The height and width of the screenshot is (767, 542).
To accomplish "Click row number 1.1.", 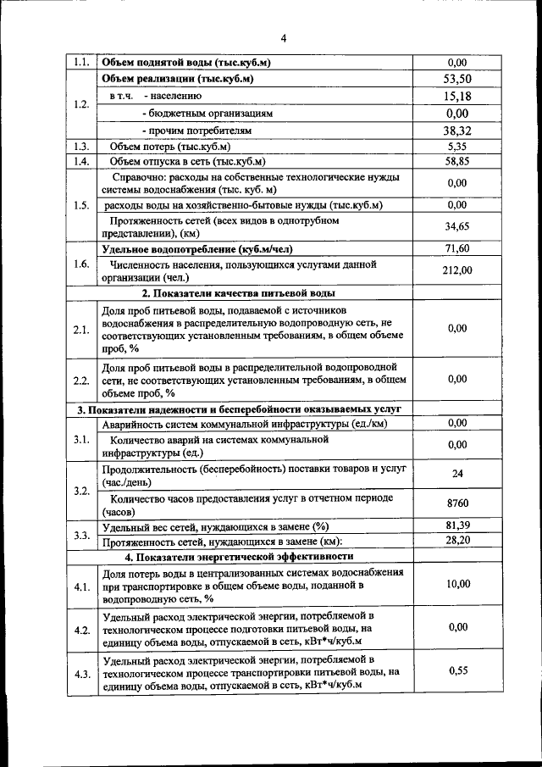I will pyautogui.click(x=81, y=62).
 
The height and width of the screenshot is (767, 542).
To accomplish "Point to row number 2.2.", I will pyautogui.click(x=81, y=380).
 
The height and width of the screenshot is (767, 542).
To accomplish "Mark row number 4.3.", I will pyautogui.click(x=81, y=674).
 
